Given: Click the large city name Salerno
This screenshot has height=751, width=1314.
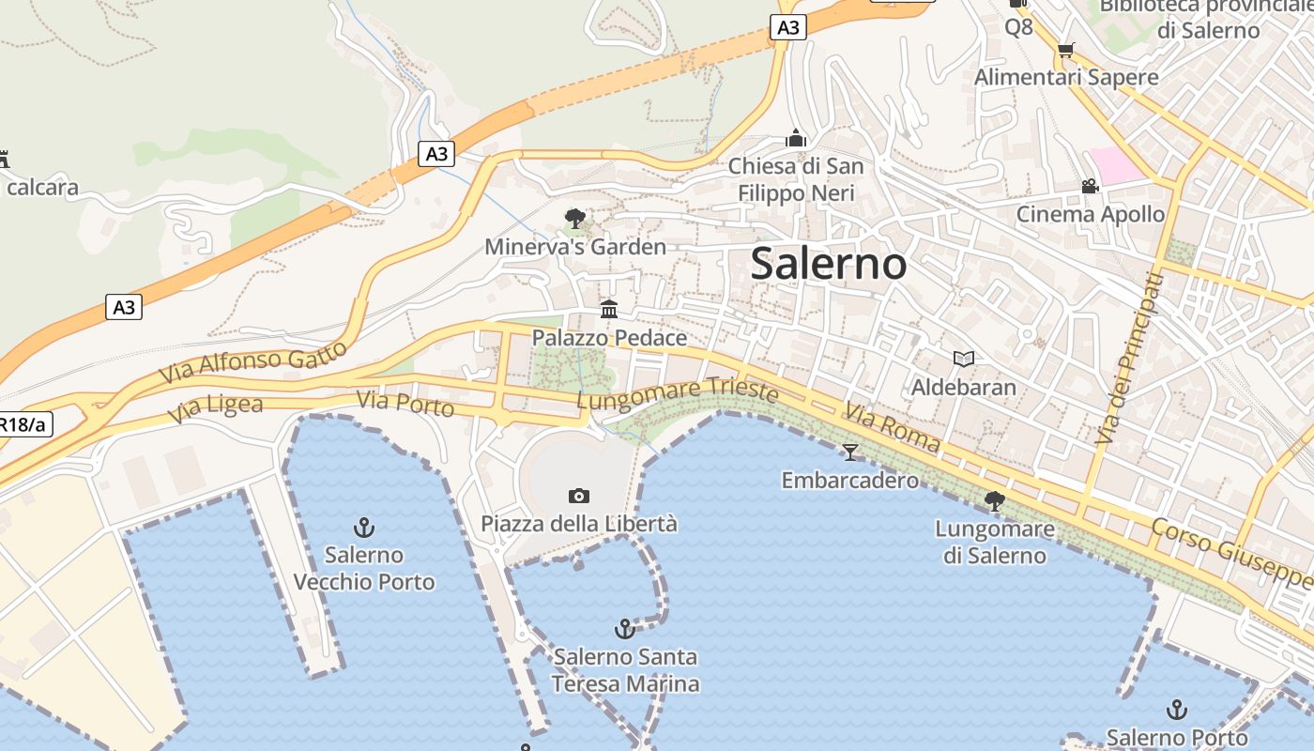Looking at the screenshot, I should pos(829,264).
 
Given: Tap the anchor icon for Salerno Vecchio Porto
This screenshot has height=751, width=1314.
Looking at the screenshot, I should pos(363,528).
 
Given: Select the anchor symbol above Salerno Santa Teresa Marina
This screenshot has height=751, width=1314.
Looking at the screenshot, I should pos(624,629).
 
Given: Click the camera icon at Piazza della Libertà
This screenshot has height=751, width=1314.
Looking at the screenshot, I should pos(579,496).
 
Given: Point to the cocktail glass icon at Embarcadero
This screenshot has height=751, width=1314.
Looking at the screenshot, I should pos(850,452).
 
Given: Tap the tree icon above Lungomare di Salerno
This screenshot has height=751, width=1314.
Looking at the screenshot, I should pos(994,501).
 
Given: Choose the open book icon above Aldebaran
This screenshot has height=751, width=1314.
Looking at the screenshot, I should pos(963,359).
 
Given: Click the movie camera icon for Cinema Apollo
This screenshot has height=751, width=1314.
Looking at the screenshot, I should pos(1090,187).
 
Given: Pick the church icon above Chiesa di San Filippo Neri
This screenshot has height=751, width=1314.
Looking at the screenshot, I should pos(796,139).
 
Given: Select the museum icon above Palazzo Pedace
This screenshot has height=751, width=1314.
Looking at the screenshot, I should pos(609,309).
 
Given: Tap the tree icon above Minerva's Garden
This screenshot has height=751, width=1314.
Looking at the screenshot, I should pos(575,219).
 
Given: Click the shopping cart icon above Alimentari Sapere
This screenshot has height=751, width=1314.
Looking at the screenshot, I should pos(1065,50).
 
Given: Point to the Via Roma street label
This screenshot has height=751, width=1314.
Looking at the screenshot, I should pos(892,427).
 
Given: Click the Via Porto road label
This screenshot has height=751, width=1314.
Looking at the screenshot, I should pos(405,404).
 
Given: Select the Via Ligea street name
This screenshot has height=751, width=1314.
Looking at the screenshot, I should pos(216,409).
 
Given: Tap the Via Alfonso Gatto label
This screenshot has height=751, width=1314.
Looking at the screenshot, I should pos(252,361).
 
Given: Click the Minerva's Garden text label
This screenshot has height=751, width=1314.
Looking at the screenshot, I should pos(575,247).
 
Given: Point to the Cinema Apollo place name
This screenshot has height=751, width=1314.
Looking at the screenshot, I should pos(1090,214).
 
